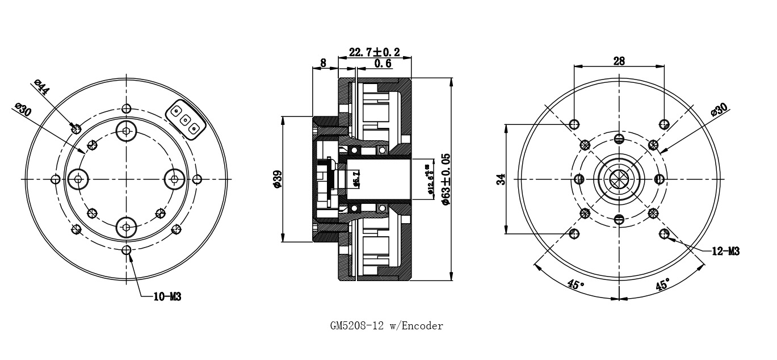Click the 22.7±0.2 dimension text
(374, 52)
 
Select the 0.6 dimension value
(383, 64)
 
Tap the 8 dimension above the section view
(323, 63)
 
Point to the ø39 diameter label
(277, 179)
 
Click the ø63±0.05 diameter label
(446, 179)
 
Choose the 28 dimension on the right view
(619, 60)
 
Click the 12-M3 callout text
(725, 251)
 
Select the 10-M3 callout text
(167, 296)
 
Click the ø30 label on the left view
(23, 110)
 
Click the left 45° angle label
(574, 284)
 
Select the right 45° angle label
(662, 284)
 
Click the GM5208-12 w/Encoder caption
(387, 326)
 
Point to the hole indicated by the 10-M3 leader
(126, 250)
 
